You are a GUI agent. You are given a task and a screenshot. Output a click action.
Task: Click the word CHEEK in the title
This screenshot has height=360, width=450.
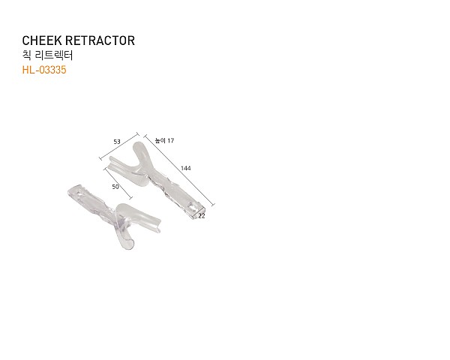pos(42,40)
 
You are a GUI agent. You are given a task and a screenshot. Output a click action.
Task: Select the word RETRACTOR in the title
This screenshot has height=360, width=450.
pos(100,40)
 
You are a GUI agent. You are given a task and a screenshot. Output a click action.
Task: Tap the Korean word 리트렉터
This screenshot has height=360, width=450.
pos(54,55)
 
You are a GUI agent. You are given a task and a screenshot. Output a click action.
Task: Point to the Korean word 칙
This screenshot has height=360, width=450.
pos(27,55)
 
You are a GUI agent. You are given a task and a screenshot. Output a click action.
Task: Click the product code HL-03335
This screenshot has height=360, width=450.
pos(44,70)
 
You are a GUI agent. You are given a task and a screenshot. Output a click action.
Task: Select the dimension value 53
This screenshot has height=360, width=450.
pos(117,142)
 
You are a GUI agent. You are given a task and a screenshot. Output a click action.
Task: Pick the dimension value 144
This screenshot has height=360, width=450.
pos(186,168)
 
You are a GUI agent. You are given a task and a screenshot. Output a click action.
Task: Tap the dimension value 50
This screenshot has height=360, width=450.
pos(115,187)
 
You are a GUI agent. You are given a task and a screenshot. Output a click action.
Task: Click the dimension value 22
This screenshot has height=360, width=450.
pos(202,216)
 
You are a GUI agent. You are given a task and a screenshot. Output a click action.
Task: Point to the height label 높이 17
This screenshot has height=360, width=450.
pos(164,140)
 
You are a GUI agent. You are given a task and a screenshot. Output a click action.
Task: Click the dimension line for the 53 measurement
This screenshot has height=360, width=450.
pos(119,146)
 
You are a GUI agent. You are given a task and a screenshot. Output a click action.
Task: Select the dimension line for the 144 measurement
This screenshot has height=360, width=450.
pos(179,170)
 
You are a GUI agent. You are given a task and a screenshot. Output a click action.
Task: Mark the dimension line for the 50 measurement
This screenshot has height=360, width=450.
pos(118,184)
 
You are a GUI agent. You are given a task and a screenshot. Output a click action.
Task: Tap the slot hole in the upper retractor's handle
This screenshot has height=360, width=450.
pos(191,206)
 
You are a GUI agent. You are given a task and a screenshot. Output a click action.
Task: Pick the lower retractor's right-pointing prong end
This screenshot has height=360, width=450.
pos(157,225)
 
